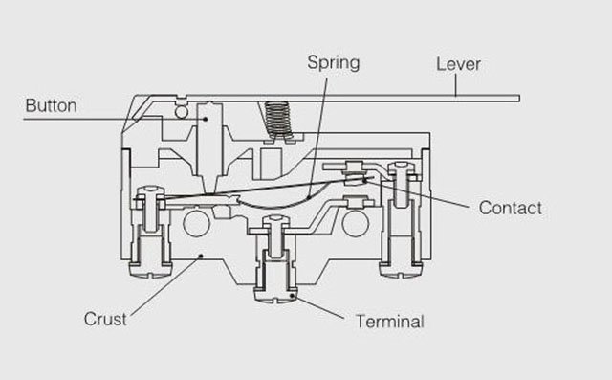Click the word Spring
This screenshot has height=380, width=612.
click(x=334, y=62)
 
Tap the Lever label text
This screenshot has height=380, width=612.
click(x=458, y=64)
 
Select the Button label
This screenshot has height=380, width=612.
click(x=51, y=106)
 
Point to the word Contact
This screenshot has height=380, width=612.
click(x=510, y=208)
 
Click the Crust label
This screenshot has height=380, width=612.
click(x=105, y=319)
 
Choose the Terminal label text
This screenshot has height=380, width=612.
click(x=390, y=322)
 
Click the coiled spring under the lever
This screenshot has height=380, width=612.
click(x=278, y=120)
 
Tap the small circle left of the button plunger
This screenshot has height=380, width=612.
click(x=182, y=112)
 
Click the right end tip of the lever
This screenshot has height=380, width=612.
click(x=519, y=98)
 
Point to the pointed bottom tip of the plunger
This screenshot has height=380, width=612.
click(x=210, y=193)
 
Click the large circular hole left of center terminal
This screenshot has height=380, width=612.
click(x=197, y=223)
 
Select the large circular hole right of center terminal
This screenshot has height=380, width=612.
click(x=355, y=224)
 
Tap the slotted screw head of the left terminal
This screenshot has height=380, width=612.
click(x=150, y=271)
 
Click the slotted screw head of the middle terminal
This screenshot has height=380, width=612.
click(x=276, y=295)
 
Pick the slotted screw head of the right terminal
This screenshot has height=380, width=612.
click(x=402, y=271)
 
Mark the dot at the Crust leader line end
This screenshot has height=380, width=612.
click(x=201, y=257)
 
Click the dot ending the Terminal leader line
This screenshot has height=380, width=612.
click(x=292, y=296)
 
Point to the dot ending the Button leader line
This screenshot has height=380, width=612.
click(x=205, y=119)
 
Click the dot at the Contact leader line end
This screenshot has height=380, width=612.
click(x=365, y=180)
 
